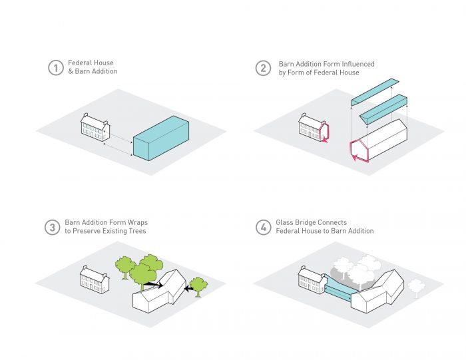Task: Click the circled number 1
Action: click(55, 68)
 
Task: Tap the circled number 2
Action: click(263, 68)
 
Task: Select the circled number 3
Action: click(53, 227)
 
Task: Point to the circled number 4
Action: click(263, 227)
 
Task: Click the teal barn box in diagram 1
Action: click(161, 138)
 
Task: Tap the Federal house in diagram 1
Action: click(95, 127)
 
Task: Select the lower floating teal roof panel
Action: click(383, 109)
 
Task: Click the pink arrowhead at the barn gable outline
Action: click(354, 158)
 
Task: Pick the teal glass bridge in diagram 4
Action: click(339, 288)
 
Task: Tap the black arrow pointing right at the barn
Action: click(153, 285)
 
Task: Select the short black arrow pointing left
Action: click(189, 288)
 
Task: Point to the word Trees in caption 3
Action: click(137, 231)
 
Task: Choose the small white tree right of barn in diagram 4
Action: click(416, 287)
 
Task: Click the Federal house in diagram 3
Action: click(95, 279)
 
